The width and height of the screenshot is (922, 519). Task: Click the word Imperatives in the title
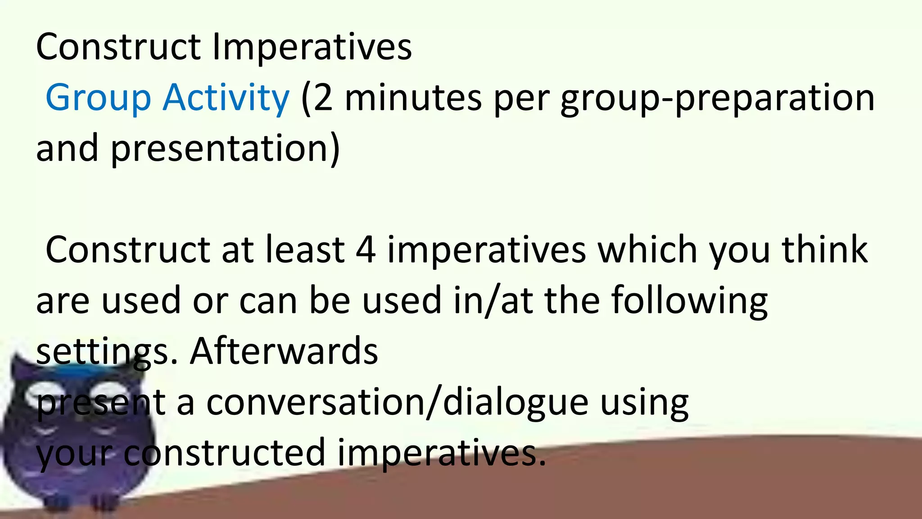point(312,47)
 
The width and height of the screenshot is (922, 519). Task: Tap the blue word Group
point(98,98)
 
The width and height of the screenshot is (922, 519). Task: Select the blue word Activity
point(226,98)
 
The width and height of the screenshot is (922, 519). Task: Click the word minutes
point(413,98)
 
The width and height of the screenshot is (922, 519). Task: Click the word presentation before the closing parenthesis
point(221,149)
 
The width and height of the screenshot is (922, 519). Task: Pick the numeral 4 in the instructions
point(366,250)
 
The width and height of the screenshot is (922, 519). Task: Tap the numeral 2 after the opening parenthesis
point(322,98)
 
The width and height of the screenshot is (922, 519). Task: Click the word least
point(304,250)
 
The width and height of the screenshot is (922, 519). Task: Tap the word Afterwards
point(284,351)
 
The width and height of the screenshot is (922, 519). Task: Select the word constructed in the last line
point(224,453)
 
